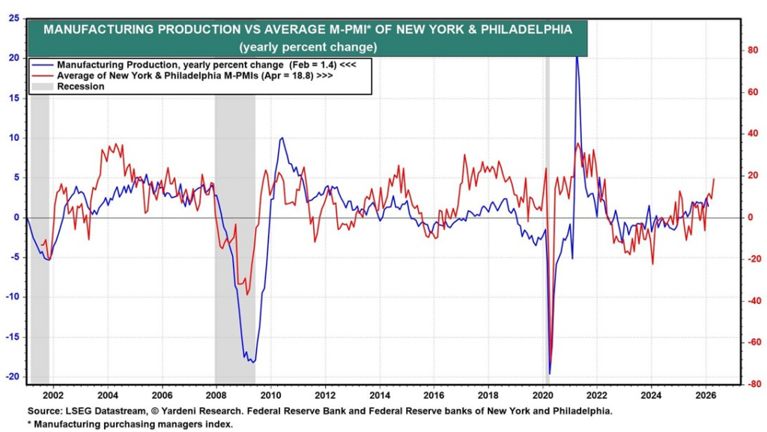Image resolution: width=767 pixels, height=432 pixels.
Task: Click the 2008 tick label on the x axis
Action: coord(216,395)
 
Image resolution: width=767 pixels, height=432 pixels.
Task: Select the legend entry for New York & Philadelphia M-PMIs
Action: coord(180,76)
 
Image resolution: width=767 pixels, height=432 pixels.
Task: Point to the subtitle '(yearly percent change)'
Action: coord(307,46)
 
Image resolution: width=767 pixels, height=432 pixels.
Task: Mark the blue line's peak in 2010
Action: coord(282,138)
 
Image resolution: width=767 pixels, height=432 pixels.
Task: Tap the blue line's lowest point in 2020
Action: coord(550,373)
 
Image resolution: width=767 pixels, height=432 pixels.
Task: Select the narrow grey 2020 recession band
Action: coord(548,225)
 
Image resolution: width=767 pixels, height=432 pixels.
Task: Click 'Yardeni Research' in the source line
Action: coord(165,411)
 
